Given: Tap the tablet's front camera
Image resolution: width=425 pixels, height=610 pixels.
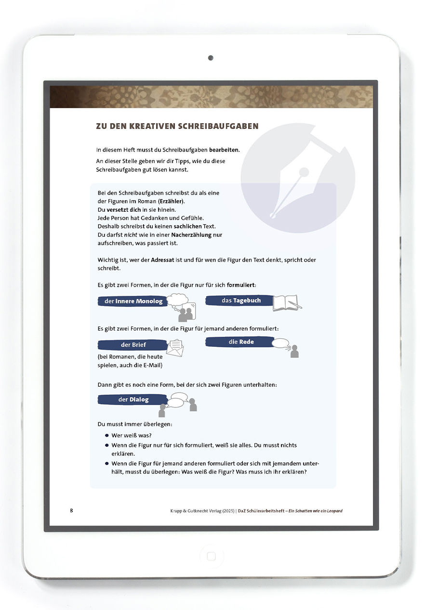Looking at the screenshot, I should tap(211, 58).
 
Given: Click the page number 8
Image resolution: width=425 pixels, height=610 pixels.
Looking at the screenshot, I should tap(72, 510).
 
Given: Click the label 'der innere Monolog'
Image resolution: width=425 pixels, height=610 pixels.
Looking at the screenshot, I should tap(133, 302).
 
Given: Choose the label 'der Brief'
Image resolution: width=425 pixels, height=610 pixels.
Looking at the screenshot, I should tap(133, 344).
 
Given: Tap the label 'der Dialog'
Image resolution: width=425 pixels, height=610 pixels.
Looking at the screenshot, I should tap(133, 399).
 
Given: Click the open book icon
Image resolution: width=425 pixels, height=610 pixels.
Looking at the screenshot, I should tap(287, 303).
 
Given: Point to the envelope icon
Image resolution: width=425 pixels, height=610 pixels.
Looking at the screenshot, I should tap(175, 347).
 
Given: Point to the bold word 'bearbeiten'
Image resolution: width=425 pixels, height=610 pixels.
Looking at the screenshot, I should tap(224, 150).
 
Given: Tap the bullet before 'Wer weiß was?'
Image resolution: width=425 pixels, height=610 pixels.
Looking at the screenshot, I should tap(106, 435).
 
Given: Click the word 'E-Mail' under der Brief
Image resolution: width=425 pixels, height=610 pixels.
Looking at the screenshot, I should tap(152, 365).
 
